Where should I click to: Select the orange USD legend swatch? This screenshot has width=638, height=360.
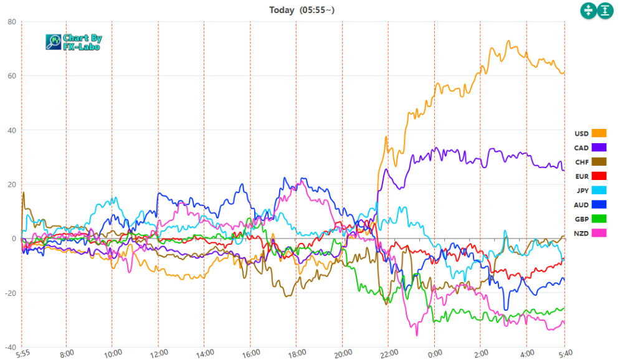pyautogui.click(x=599, y=133)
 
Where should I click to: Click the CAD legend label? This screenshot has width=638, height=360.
pyautogui.click(x=581, y=148)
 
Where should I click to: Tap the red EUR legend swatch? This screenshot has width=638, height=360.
pyautogui.click(x=599, y=176)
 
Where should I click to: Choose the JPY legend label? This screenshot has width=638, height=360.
pyautogui.click(x=581, y=191)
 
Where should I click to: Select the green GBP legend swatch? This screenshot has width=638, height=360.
pyautogui.click(x=599, y=219)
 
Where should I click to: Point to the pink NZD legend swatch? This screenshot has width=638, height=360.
pyautogui.click(x=599, y=233)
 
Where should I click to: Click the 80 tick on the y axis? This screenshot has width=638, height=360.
pyautogui.click(x=11, y=22)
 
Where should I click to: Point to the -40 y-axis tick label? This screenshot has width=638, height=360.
pyautogui.click(x=9, y=347)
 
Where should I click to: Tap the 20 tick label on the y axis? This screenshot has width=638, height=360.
pyautogui.click(x=11, y=184)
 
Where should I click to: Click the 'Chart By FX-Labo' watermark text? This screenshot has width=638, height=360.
pyautogui.click(x=82, y=42)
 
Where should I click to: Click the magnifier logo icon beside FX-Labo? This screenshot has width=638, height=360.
pyautogui.click(x=54, y=42)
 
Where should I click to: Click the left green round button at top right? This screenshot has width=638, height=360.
pyautogui.click(x=588, y=10)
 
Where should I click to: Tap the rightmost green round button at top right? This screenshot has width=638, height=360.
pyautogui.click(x=606, y=10)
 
